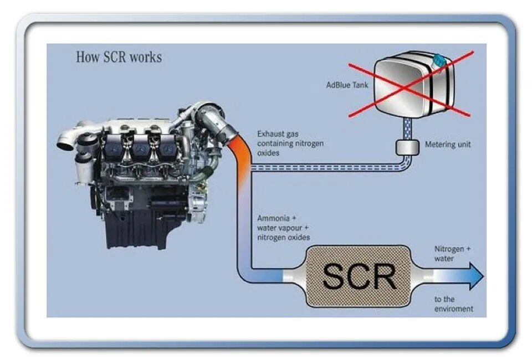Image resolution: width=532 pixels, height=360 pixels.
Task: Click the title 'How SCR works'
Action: click(119, 58)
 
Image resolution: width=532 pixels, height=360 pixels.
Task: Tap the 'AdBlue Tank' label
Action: click(347, 85)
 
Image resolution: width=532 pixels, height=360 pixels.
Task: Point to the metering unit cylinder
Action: click(407, 147)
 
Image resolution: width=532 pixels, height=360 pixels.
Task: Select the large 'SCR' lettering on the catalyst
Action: click(359, 276)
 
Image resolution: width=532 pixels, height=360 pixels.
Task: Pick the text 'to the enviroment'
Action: click(453, 304)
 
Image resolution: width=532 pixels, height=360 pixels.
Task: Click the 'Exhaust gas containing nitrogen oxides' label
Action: click(290, 143)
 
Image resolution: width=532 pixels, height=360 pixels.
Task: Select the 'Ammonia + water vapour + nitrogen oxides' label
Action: click(283, 228)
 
